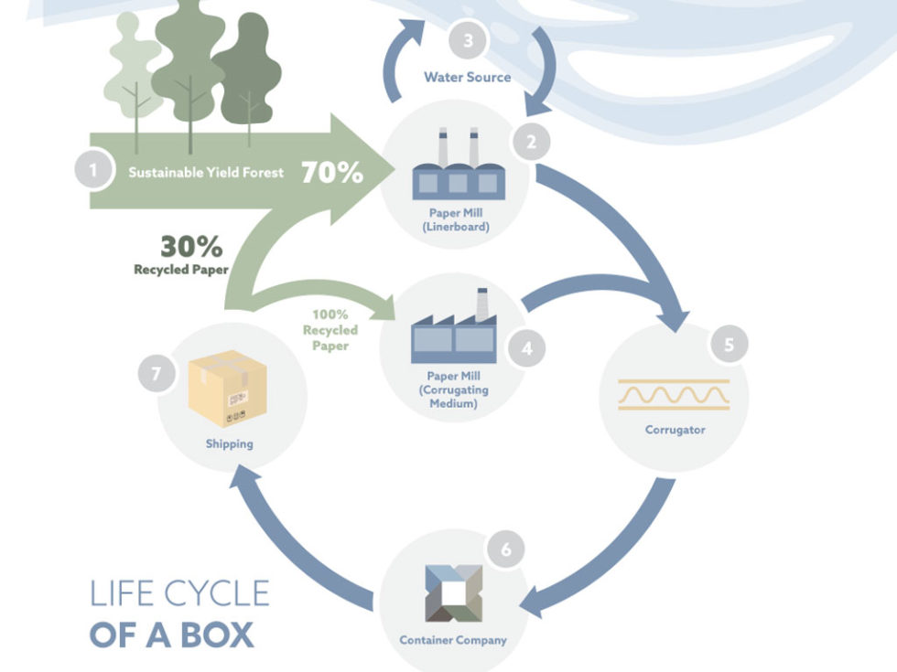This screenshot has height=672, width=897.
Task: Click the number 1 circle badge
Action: coord(91,170)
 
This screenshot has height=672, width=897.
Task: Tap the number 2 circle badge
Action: coord(531,142)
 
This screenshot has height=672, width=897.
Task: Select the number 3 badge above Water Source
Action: coord(468,41)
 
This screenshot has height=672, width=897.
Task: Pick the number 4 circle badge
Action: coord(526,347)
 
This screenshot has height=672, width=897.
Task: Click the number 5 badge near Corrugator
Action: coord(729,345)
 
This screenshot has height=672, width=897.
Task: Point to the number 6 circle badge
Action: coord(506,550)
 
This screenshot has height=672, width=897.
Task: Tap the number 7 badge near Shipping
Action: coord(156,374)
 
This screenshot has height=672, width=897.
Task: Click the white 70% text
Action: coord(332,172)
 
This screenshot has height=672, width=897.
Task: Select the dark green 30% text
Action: coord(191,247)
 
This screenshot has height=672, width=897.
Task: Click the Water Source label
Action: coord(467,77)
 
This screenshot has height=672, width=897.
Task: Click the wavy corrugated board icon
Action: coord(674,394)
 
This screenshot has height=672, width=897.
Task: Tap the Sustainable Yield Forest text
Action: coord(206,172)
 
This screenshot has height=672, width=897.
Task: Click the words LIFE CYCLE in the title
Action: coord(179,593)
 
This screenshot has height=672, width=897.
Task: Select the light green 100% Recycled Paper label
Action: coord(330,330)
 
